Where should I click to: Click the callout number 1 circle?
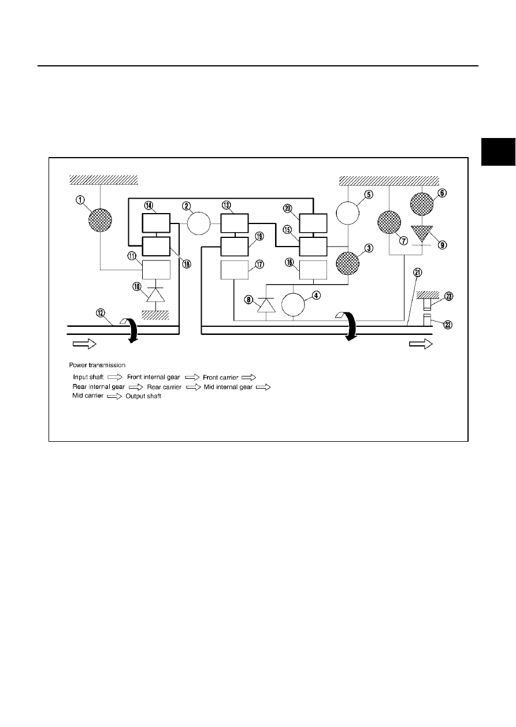(x=80, y=200)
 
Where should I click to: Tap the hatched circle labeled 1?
(x=100, y=220)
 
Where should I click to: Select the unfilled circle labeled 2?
(x=199, y=223)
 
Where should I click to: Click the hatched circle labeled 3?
(x=348, y=263)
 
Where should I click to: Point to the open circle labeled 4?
(x=293, y=304)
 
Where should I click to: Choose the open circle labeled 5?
(x=347, y=213)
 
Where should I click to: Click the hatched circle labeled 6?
(x=422, y=204)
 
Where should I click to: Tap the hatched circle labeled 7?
(x=389, y=222)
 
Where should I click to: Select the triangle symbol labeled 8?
(x=266, y=305)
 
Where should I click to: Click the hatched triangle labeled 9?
(x=422, y=234)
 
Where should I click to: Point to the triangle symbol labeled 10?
(x=156, y=294)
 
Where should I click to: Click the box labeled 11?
(x=156, y=270)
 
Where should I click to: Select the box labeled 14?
(x=156, y=223)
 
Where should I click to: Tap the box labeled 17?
(x=235, y=270)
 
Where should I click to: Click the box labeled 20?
(x=313, y=223)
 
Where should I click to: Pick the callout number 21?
(x=418, y=273)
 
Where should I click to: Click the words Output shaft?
(x=143, y=396)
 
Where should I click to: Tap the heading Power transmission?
(x=97, y=365)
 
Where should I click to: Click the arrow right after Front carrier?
(x=248, y=378)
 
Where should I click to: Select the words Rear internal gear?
(x=98, y=387)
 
